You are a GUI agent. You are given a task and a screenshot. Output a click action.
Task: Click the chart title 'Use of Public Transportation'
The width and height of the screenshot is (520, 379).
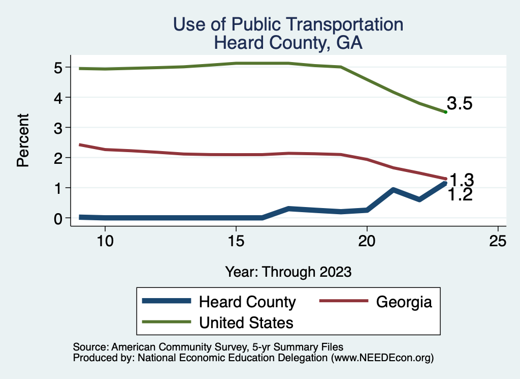click(288, 24)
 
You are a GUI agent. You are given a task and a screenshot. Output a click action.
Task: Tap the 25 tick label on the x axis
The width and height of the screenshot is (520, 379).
click(498, 241)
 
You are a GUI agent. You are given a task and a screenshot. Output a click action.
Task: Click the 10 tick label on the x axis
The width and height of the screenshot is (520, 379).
click(105, 241)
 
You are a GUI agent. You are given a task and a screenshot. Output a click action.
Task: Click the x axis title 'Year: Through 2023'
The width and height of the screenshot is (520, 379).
click(288, 272)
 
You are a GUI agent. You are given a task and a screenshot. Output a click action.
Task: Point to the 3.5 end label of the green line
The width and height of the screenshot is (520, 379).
click(460, 104)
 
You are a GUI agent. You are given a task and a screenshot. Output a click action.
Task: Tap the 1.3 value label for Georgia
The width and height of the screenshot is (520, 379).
click(462, 180)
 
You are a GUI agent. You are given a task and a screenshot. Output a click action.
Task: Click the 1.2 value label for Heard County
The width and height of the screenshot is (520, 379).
click(460, 195)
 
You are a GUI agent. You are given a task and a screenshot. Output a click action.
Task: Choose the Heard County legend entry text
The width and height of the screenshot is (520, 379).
click(247, 302)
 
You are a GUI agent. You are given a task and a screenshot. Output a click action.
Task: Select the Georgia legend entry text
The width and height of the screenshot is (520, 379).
click(404, 302)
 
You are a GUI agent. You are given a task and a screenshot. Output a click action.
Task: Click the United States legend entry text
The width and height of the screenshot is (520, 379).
click(246, 323)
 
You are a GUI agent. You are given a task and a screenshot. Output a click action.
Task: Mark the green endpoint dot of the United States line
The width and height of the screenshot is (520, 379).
click(445, 112)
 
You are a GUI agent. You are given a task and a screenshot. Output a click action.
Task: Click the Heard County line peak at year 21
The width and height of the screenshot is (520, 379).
click(393, 190)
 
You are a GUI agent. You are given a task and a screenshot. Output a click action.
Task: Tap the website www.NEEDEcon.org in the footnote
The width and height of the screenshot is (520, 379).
click(381, 358)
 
